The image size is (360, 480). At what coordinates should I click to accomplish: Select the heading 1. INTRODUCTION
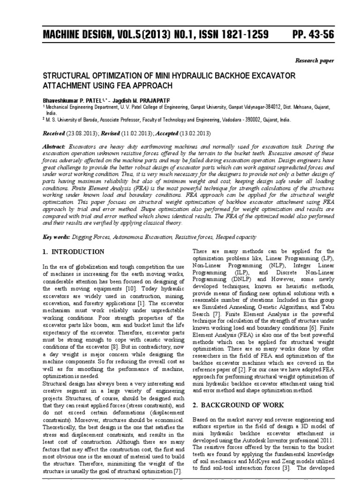[x=74, y=252]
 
